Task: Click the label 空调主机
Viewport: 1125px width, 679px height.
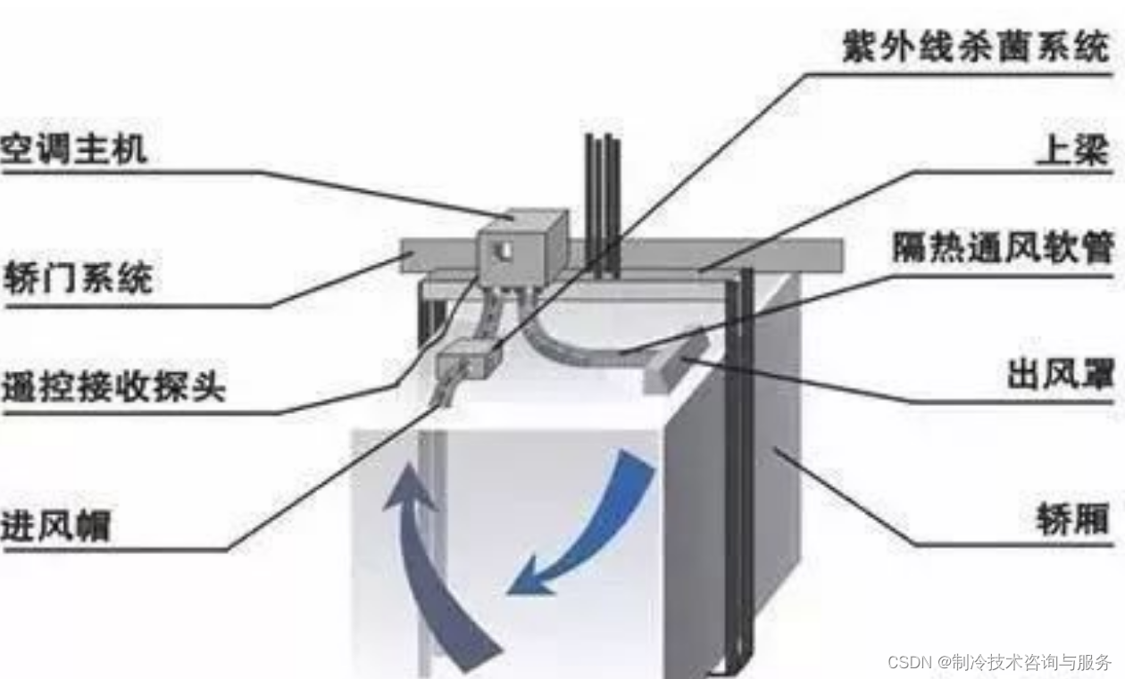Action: point(74,148)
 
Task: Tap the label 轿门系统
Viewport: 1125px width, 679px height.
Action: point(78,276)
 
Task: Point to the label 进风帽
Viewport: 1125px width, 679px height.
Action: point(55,524)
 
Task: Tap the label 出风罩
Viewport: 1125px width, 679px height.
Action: point(1060,376)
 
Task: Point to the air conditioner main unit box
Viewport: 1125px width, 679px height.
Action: point(521,247)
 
